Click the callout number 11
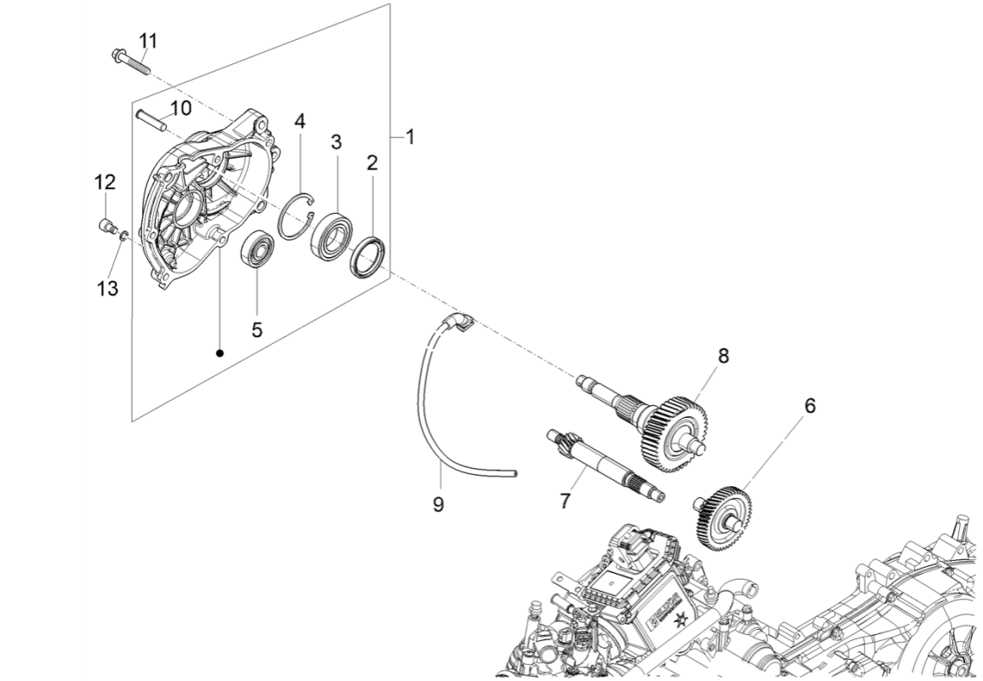pos(148,40)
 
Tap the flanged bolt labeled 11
pos(130,61)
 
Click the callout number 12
pos(104,182)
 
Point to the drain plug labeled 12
pos(106,226)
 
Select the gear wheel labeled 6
pos(722,517)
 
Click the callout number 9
pos(438,504)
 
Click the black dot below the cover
pos(220,352)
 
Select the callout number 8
pos(723,356)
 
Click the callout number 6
pos(809,405)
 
